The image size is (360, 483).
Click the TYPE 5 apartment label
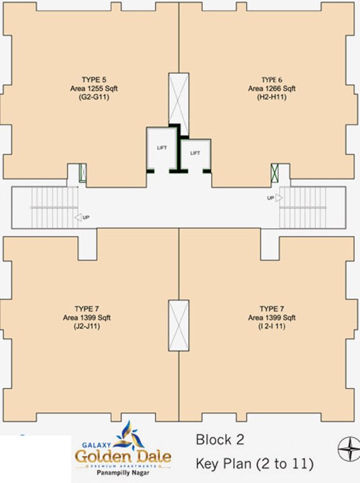[x=94, y=80]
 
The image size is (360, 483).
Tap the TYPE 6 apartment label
[x=272, y=80]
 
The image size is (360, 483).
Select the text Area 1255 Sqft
[x=94, y=89]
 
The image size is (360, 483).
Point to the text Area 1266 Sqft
[x=272, y=89]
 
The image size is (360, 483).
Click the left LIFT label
[x=162, y=147]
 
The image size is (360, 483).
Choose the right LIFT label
[x=195, y=153]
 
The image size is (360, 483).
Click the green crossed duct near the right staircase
[x=275, y=173]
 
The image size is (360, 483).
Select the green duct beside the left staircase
[x=82, y=173]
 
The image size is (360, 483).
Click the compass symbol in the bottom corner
[x=347, y=449]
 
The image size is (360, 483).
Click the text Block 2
[x=220, y=440]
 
